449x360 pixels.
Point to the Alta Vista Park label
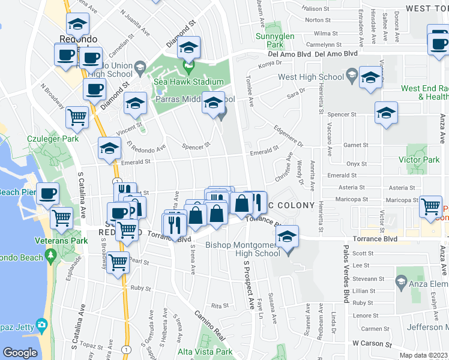(x=205, y=352)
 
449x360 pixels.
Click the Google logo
(x=20, y=353)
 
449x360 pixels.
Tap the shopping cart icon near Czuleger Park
(x=77, y=117)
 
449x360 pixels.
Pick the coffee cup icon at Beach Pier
(x=48, y=194)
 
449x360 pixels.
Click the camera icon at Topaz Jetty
(x=41, y=325)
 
